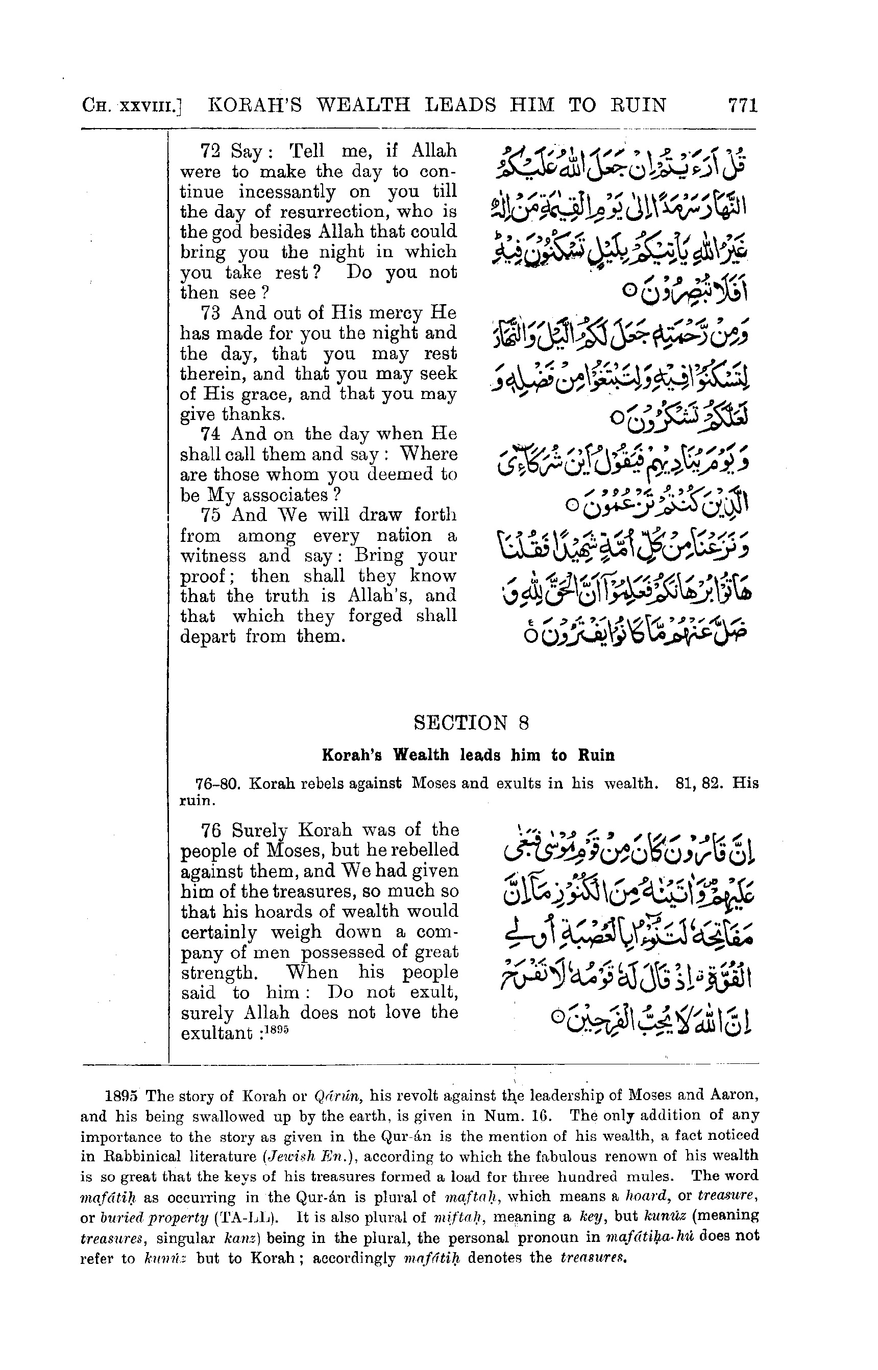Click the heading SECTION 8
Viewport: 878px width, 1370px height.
tap(472, 723)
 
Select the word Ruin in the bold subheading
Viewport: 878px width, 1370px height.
tap(596, 756)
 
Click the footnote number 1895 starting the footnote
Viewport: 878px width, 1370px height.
tap(123, 1095)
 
